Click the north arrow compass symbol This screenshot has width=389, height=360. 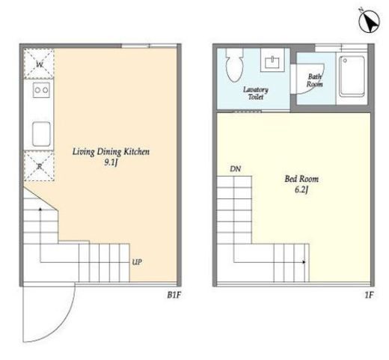pos(369,22)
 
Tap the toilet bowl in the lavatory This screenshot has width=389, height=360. pos(234,65)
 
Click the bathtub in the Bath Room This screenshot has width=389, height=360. pos(352,76)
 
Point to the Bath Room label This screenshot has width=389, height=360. pos(314,80)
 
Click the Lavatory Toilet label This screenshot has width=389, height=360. pos(256,93)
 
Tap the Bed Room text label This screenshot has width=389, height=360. pos(301,179)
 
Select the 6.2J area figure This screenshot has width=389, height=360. pos(301,189)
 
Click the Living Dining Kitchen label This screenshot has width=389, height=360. pos(111,151)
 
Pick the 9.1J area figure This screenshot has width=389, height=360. pos(111,162)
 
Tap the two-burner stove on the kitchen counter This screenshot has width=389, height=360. pos(41,90)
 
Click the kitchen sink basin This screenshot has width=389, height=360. pos(41,134)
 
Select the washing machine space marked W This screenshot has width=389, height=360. pos(39,64)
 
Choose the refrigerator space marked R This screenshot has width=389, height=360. pos(39,165)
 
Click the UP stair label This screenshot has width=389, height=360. pos(137,262)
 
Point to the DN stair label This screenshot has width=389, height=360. pos(235,169)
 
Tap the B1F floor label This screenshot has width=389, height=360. pos(174,295)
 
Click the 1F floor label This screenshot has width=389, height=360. pos(369,295)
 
